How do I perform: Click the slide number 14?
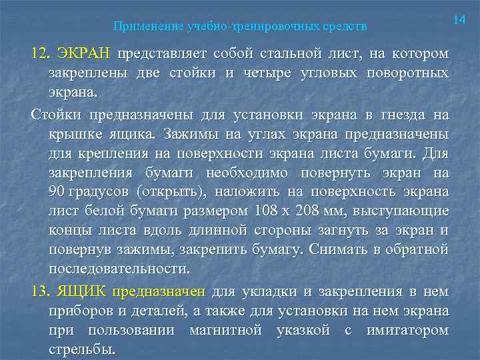(x=459, y=21)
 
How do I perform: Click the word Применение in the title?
(x=141, y=27)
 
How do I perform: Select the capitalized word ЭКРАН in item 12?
(x=85, y=53)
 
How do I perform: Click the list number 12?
(x=41, y=53)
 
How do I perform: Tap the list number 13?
(x=41, y=291)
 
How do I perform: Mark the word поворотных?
(x=410, y=73)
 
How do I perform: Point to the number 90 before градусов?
(x=57, y=192)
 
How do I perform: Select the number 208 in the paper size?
(x=313, y=211)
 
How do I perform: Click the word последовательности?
(x=119, y=269)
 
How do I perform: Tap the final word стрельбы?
(x=81, y=350)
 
